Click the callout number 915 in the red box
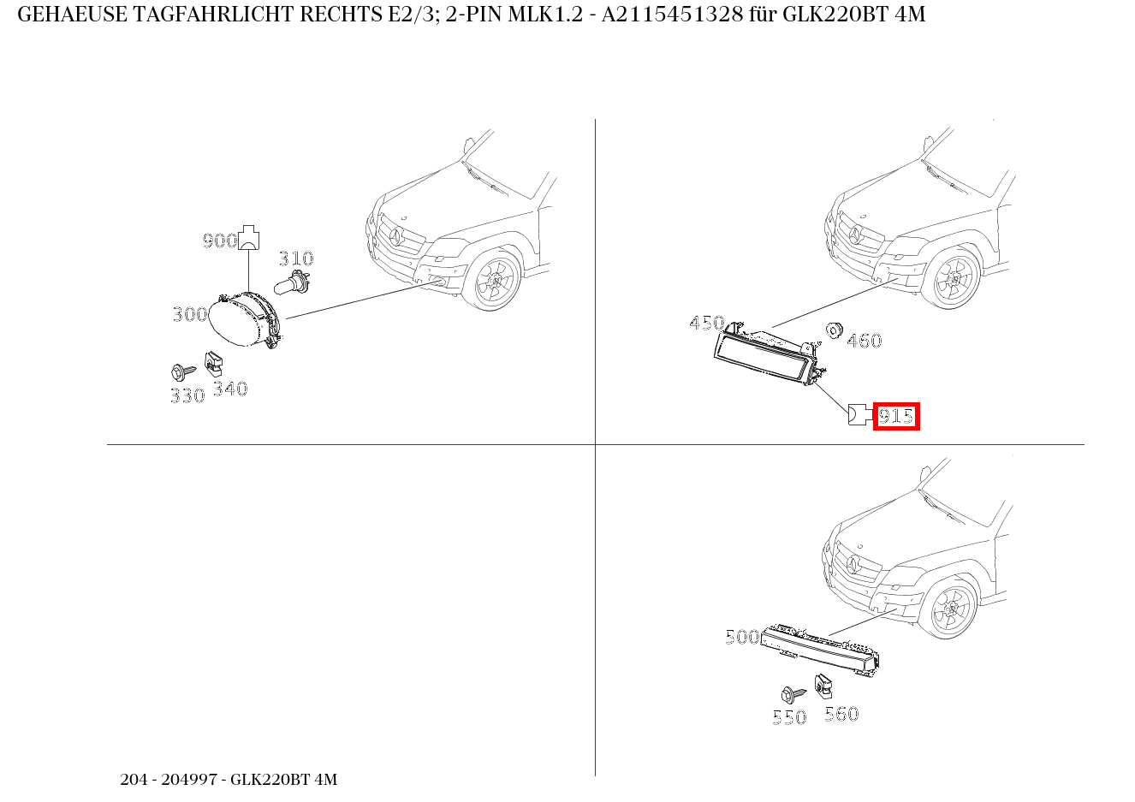pos(895,417)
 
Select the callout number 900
pos(219,241)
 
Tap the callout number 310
pos(296,258)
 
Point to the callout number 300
pos(189,314)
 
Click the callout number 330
pos(187,395)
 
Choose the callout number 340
pos(229,389)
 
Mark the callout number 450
pos(706,323)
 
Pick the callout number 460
pos(864,341)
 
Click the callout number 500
pos(741,637)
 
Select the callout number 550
pos(788,717)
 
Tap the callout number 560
pos(841,714)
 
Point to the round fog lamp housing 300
pos(245,321)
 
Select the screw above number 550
pos(791,694)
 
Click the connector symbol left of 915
pos(858,416)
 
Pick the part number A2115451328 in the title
pos(672,15)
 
